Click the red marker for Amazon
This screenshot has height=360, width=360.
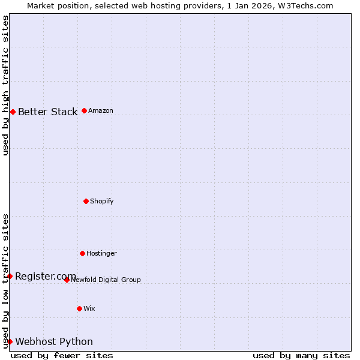pos(84,110)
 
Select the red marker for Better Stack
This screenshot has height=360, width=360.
pos(13,112)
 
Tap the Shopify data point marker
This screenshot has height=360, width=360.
pos(86,201)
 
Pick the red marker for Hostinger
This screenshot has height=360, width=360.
pos(82,253)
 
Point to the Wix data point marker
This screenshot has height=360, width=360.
pos(79,308)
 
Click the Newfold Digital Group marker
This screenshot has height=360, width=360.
pos(67,280)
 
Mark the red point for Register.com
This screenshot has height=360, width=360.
pos(10,276)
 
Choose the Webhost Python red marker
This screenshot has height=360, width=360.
pos(10,341)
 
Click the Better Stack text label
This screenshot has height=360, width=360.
pos(47,112)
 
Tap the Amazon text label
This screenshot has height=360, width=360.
pos(101,111)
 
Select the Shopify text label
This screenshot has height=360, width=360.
pos(102,201)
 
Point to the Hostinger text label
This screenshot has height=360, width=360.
pos(101,253)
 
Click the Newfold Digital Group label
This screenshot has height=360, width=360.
pos(106,280)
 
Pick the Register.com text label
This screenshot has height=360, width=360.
pos(46,276)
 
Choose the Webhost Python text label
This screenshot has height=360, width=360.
pos(54,341)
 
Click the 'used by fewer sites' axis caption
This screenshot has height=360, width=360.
pos(62,355)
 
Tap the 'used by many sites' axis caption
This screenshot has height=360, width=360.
pos(301,355)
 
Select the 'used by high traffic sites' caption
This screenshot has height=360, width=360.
pos(6,85)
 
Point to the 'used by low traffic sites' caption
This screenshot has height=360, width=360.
pos(6,281)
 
